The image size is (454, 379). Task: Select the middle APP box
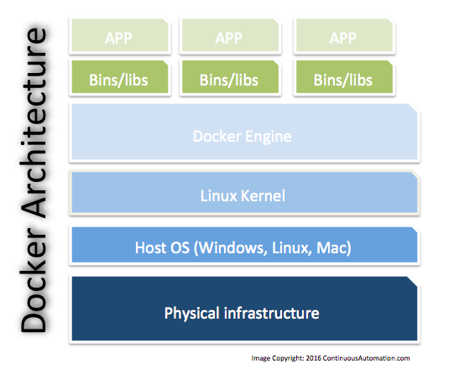[x=229, y=38]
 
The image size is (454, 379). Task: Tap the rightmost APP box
[x=342, y=38]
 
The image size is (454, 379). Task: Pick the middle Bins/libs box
[x=229, y=80]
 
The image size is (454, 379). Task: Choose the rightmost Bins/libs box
[x=342, y=80]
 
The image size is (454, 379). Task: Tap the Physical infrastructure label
[x=242, y=314]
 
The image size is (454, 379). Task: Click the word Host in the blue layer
[x=151, y=248]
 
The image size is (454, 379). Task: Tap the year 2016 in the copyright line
[x=320, y=358]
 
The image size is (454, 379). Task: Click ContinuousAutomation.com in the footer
[x=370, y=358]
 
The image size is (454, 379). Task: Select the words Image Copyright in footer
[x=280, y=358]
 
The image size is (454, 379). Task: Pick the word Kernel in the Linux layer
[x=264, y=195]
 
